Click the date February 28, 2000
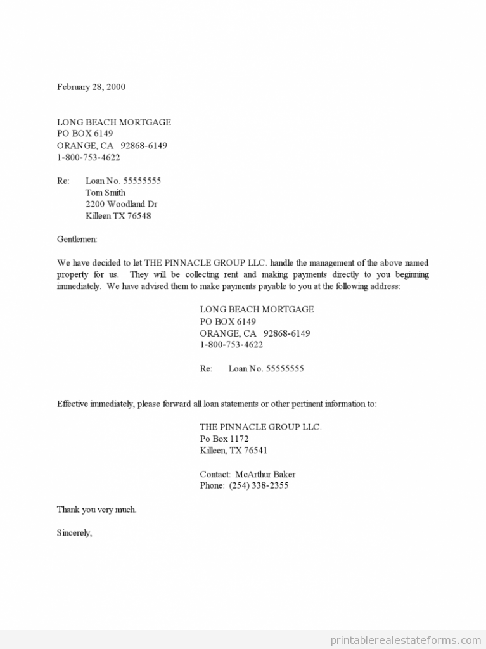[x=91, y=87]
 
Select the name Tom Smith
[x=105, y=193]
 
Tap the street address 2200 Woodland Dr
[x=121, y=204]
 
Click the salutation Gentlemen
[x=77, y=240]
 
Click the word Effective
[x=72, y=404]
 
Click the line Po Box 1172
[x=224, y=439]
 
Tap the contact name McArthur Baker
[x=265, y=474]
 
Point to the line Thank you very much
[x=96, y=510]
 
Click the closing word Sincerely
[x=74, y=533]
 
